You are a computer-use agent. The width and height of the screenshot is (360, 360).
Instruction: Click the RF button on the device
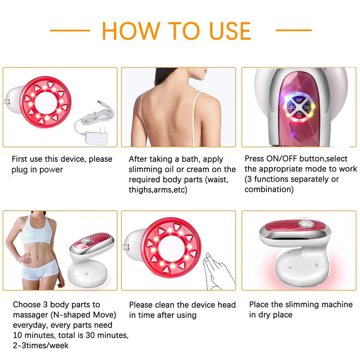point(298,100)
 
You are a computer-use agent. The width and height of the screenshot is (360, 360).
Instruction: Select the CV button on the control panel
point(307,107)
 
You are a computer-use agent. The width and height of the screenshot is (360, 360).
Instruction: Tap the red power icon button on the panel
point(298,114)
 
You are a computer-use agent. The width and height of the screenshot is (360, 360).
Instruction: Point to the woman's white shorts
point(40,269)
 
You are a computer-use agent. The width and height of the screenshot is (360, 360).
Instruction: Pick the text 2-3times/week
point(41,346)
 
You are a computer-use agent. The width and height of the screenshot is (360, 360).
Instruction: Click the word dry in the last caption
point(264,315)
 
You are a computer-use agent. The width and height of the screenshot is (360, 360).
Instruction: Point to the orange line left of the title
point(70,31)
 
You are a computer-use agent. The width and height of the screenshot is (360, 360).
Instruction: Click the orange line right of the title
point(293,31)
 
